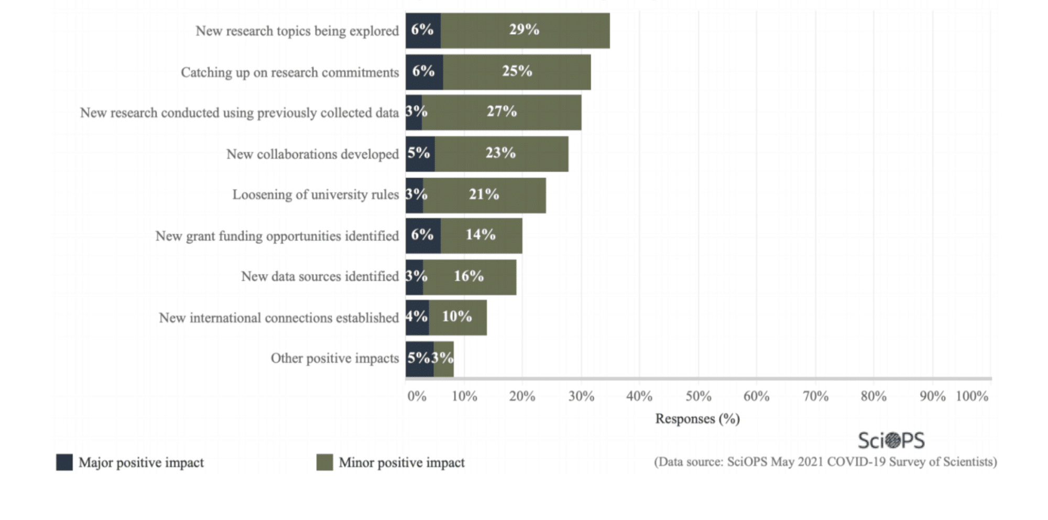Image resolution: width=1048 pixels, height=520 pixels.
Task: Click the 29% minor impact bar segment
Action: [x=525, y=30]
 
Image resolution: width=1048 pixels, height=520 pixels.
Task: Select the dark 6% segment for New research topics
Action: [x=422, y=30]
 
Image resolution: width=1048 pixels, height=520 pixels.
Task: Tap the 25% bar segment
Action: [x=517, y=72]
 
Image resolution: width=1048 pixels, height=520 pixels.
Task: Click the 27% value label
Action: [x=501, y=111]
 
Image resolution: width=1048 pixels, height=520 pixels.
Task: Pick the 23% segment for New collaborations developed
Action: [x=501, y=154]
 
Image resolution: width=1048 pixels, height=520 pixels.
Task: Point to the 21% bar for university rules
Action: [x=484, y=195]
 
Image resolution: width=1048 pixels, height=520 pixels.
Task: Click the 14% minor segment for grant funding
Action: [x=481, y=235]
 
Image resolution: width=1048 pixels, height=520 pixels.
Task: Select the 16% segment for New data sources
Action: [x=469, y=277]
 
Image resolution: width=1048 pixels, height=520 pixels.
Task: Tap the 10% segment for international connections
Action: [x=457, y=317]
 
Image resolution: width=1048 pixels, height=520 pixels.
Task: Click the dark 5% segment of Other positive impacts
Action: [x=419, y=359]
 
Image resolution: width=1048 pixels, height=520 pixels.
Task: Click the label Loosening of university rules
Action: [x=315, y=195]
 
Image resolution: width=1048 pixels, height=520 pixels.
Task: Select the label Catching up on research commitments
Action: [x=290, y=72]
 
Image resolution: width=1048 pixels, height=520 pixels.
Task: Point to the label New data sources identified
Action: [x=320, y=277]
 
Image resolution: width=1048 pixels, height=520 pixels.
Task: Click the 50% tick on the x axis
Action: [x=698, y=396]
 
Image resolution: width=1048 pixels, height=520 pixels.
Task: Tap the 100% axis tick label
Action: [x=971, y=396]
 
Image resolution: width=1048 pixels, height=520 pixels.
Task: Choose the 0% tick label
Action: [x=417, y=396]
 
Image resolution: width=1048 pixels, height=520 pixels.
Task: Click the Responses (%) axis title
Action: [x=697, y=419]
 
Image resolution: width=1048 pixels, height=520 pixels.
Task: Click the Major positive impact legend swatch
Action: [x=64, y=462]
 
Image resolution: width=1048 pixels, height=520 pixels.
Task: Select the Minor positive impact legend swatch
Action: [x=324, y=462]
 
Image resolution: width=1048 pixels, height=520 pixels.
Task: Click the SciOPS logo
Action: [x=891, y=440]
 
